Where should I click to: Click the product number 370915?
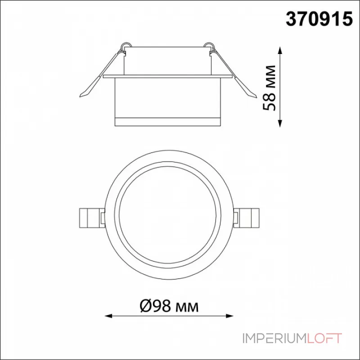pyautogui.click(x=319, y=19)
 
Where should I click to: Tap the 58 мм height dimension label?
pyautogui.click(x=269, y=88)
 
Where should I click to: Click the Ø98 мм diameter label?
pyautogui.click(x=169, y=306)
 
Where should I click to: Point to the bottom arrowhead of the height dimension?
pyautogui.click(x=280, y=123)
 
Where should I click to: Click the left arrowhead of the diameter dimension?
pyautogui.click(x=108, y=316)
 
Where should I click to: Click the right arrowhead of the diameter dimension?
pyautogui.click(x=229, y=316)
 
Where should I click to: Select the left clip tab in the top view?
pyautogui.click(x=92, y=218)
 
